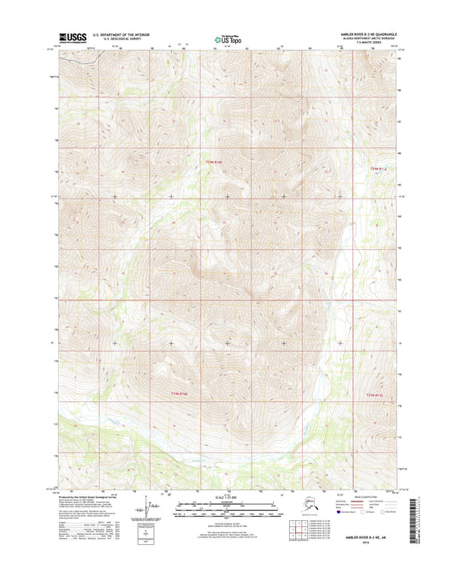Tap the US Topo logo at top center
click(227, 39)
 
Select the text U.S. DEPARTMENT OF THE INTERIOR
click(125, 35)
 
